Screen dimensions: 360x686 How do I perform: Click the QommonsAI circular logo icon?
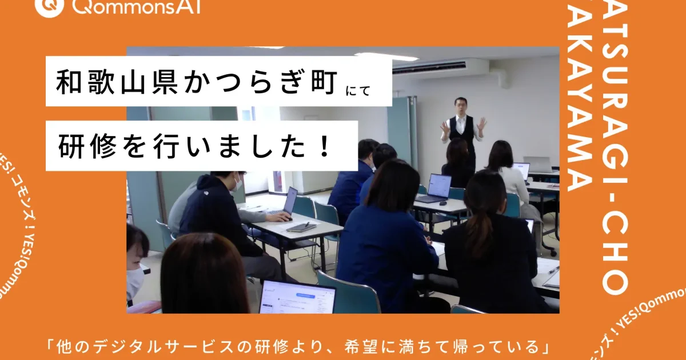coord(49,6)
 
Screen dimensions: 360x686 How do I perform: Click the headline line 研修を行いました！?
coord(195,146)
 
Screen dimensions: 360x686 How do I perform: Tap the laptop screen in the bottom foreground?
coord(297,298)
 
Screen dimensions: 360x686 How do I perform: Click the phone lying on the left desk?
coord(301,227)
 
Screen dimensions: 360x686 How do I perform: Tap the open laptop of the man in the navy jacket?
coord(289,201)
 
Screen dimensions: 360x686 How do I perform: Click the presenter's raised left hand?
coord(482,123)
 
